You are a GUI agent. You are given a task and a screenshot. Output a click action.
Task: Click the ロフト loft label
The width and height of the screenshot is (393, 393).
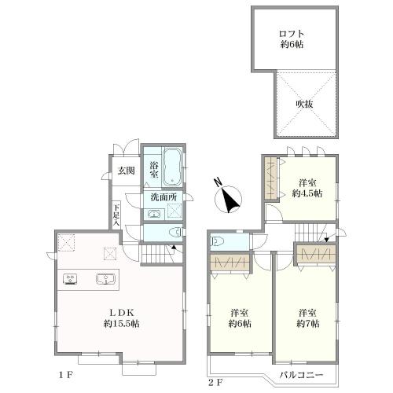click(x=292, y=34)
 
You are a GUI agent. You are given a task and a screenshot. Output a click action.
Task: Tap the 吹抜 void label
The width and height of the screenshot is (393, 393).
click(x=304, y=105)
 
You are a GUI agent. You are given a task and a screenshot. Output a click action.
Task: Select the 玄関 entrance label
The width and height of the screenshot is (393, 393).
click(x=126, y=171)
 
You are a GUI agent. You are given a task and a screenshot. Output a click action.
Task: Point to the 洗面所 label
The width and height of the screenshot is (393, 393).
click(x=163, y=197)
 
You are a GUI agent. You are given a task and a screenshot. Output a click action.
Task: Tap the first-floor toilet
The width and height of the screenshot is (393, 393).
click(x=175, y=233)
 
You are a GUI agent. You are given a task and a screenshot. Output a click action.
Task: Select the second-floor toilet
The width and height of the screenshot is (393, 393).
click(x=216, y=241)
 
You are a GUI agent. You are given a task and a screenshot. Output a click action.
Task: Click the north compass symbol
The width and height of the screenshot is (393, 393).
click(x=228, y=197)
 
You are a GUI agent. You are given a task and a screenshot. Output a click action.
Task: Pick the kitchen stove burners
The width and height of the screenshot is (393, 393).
click(x=70, y=278)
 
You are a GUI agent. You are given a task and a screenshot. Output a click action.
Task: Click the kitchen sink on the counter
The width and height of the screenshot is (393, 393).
click(x=106, y=279)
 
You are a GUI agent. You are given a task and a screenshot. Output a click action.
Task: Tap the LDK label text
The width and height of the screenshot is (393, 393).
click(x=122, y=312)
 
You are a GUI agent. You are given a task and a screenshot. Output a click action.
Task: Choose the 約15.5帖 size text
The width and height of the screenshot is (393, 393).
click(x=121, y=324)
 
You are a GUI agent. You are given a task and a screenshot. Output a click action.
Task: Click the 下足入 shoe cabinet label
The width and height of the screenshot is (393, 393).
click(x=116, y=215)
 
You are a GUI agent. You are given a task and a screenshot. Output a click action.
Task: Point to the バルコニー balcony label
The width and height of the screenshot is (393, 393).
click(x=301, y=375)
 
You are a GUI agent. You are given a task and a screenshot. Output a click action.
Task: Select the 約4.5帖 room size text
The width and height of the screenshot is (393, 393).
click(x=307, y=193)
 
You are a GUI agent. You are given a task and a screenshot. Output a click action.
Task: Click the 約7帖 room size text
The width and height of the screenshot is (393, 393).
click(x=308, y=324)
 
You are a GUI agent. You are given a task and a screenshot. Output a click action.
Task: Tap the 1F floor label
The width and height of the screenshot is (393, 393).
click(x=65, y=375)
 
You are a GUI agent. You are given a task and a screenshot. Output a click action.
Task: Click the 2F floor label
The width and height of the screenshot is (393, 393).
click(x=215, y=383)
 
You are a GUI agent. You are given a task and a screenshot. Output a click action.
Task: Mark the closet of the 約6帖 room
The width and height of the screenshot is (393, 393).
click(x=230, y=263)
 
